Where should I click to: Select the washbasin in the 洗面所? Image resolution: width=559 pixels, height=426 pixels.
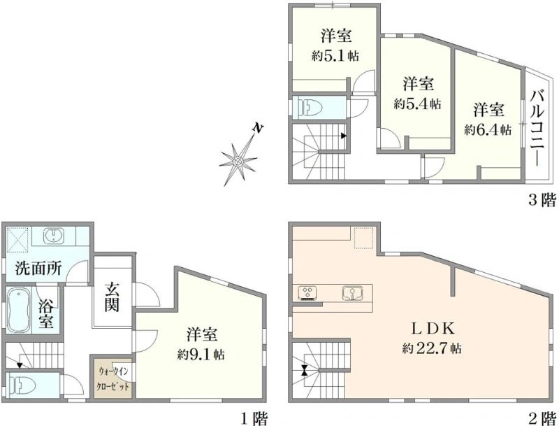[x=54, y=236]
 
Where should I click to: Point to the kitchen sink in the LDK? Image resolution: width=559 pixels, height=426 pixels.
[x=353, y=293]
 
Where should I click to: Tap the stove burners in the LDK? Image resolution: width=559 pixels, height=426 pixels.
[x=307, y=292]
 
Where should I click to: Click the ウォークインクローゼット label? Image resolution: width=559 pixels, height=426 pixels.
[x=113, y=379]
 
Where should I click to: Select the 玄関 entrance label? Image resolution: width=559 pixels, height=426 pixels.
[x=112, y=297]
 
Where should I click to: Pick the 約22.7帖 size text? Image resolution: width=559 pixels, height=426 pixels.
[x=432, y=348]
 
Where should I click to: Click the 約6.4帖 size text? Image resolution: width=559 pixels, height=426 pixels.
[x=488, y=129]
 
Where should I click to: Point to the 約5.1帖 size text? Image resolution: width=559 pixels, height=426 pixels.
[x=335, y=55]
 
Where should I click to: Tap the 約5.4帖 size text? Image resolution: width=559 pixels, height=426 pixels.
[x=417, y=104]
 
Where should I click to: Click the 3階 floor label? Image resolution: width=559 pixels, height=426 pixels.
[x=542, y=200]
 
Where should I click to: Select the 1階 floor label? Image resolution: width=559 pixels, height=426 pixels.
[x=254, y=418]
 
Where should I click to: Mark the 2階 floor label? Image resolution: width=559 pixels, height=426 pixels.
[x=542, y=418]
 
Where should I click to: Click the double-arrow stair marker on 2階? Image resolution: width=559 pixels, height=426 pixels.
[x=304, y=370]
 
